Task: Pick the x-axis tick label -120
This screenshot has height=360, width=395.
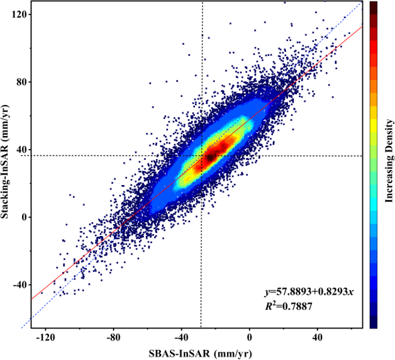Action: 45,338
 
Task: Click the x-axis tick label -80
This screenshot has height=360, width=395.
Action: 113,338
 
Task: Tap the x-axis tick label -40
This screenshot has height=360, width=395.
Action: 181,338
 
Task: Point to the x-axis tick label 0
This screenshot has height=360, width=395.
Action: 250,338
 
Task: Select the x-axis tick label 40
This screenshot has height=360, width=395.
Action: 318,338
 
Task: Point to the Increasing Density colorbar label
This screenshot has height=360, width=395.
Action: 389,164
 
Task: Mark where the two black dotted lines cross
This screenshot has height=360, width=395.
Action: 201,156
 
